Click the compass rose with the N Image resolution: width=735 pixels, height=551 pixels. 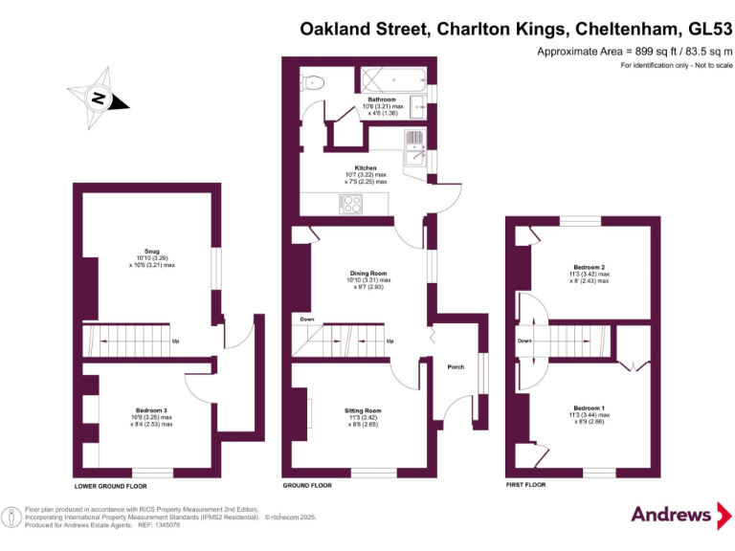(x=97, y=97)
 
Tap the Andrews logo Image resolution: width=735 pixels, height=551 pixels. (x=672, y=515)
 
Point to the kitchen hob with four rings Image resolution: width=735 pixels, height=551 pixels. (x=351, y=203)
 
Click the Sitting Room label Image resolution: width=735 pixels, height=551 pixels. (x=363, y=410)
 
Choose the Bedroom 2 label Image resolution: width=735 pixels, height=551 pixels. (x=589, y=267)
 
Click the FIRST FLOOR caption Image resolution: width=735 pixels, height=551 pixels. (x=525, y=486)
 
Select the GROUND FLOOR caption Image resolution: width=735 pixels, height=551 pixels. (x=307, y=486)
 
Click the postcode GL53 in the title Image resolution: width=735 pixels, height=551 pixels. (x=703, y=30)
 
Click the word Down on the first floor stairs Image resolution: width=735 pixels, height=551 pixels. (x=524, y=340)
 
